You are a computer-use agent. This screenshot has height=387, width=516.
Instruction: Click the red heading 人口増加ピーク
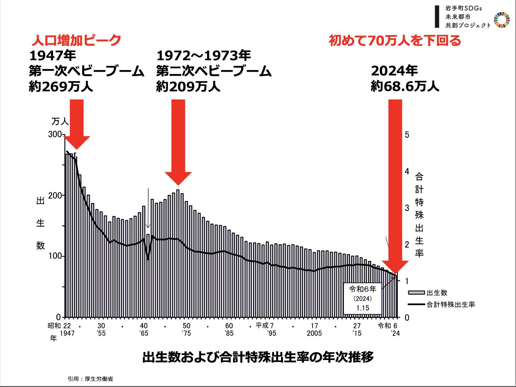pyautogui.click(x=77, y=40)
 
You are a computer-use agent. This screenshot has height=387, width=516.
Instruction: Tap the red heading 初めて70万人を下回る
pyautogui.click(x=395, y=41)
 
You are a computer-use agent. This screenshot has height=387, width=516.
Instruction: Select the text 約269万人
pyautogui.click(x=61, y=87)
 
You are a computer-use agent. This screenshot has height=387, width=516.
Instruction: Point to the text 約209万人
pyautogui.click(x=188, y=87)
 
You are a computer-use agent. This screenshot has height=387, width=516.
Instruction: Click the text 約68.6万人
pyautogui.click(x=405, y=86)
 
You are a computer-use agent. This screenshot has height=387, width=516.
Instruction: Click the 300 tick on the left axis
pyautogui.click(x=55, y=134)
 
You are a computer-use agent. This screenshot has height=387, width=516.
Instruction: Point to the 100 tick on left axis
pyautogui.click(x=55, y=256)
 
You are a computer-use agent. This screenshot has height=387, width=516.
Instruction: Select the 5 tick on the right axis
pyautogui.click(x=407, y=135)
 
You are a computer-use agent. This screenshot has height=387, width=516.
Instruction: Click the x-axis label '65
pyautogui.click(x=144, y=333)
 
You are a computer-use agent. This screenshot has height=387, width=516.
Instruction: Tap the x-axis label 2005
pyautogui.click(x=314, y=333)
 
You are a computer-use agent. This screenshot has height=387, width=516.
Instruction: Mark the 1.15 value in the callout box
pyautogui.click(x=363, y=308)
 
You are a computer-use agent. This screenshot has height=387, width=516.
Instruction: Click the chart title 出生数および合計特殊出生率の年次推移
pyautogui.click(x=258, y=357)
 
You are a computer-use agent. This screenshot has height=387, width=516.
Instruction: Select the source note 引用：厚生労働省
pyautogui.click(x=90, y=379)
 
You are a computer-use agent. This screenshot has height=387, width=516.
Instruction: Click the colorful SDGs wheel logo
pyautogui.click(x=501, y=20)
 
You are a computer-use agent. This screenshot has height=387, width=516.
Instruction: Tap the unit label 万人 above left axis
pyautogui.click(x=60, y=121)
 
